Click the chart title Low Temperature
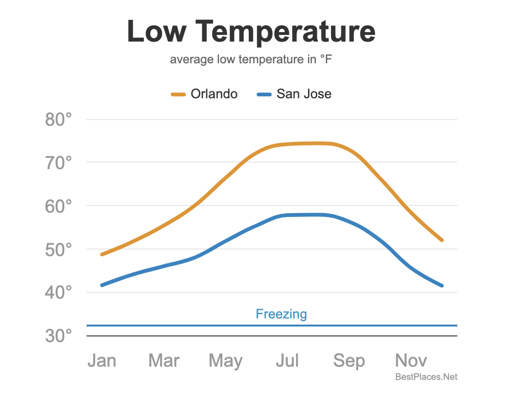pos(251,31)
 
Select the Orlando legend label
pos(214,94)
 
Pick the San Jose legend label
pos(304,94)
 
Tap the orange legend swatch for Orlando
pos(178,94)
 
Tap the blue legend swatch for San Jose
pos(264,94)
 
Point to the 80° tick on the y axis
pos(59,120)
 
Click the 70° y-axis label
pos(59,163)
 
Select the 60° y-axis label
pos(59,206)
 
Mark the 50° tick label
pos(59,249)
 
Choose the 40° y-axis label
pos(59,292)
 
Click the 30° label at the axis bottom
pos(59,336)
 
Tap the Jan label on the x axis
pos(102,361)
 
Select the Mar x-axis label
pos(164,361)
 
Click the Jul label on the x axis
pos(287,361)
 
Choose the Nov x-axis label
pos(411,361)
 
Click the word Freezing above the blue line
pos(281,314)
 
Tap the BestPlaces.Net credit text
pos(426,377)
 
